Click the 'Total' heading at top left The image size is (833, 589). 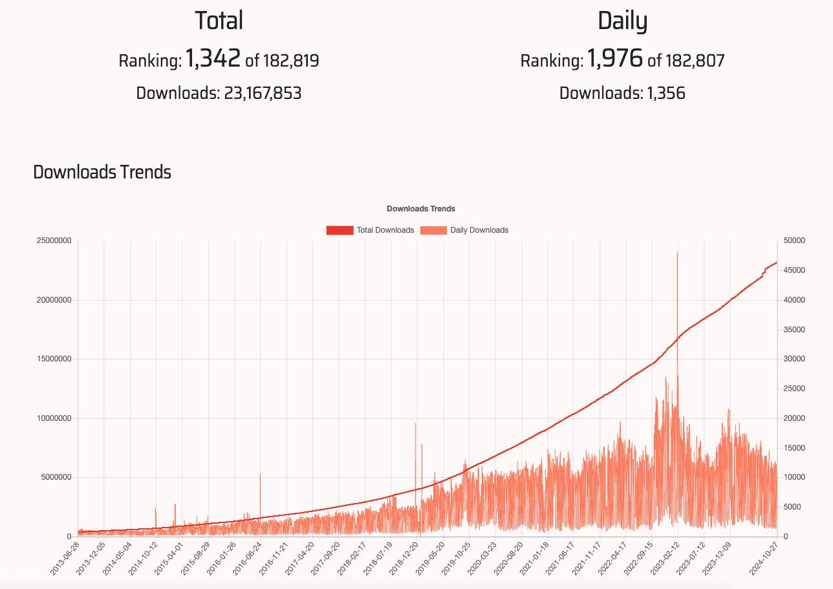[x=219, y=21]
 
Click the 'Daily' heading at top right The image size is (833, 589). [x=622, y=21]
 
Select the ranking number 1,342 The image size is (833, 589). [x=213, y=59]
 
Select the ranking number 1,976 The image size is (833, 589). [x=615, y=59]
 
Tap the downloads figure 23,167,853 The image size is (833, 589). [x=263, y=93]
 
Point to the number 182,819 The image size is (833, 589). [x=290, y=61]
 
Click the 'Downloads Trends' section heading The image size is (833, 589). [x=102, y=172]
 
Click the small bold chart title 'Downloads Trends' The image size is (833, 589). [x=421, y=209]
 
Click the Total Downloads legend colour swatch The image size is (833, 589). [x=340, y=230]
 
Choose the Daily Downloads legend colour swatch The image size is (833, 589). [x=433, y=230]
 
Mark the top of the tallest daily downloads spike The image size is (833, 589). [x=677, y=253]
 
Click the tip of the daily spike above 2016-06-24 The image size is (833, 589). [x=260, y=475]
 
